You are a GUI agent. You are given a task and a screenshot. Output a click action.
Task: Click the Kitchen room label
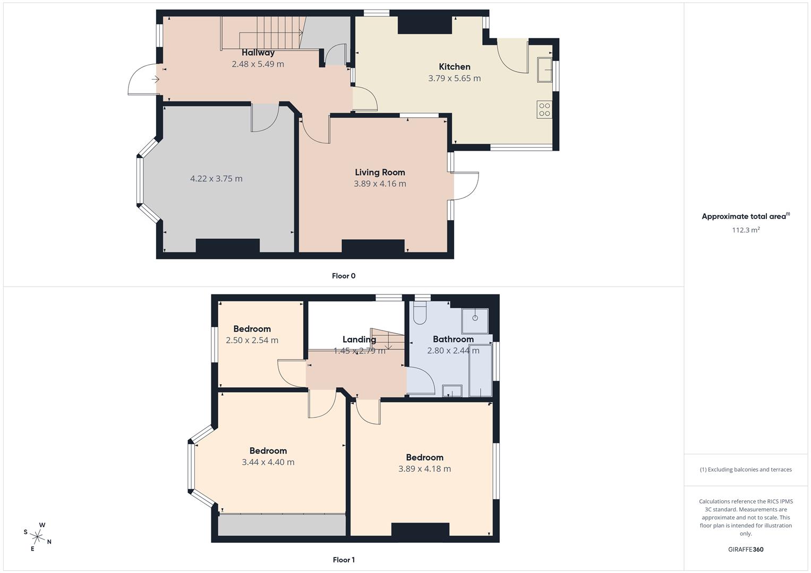point(455,67)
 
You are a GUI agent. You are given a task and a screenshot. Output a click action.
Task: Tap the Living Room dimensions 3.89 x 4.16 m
point(380,184)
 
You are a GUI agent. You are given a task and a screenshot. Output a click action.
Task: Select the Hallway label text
point(258,53)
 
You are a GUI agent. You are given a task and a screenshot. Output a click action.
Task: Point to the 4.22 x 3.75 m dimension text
point(216,179)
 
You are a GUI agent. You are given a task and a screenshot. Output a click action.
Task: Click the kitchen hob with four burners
point(544,109)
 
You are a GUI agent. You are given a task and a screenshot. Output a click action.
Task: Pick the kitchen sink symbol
point(544,70)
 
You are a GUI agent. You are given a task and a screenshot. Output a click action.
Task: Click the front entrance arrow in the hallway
point(155,80)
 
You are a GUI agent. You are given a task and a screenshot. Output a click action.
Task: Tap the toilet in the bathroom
point(420,314)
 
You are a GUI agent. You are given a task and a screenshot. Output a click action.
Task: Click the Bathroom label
point(453,340)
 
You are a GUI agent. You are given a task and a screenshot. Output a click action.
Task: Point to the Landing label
point(359,340)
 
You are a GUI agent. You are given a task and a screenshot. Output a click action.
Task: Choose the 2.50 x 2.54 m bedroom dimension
point(252,341)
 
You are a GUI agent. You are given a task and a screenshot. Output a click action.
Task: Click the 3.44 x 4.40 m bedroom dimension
point(268,462)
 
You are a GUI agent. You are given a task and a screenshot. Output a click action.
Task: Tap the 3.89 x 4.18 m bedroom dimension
point(424,469)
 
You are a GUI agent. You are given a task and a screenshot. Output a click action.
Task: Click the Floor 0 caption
point(344,276)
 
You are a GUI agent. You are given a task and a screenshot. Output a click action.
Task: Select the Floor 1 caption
point(344,560)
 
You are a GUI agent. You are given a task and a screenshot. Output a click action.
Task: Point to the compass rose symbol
point(38,536)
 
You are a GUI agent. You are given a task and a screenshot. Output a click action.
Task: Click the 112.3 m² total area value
point(746,230)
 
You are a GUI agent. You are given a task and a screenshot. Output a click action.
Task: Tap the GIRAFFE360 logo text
point(746,550)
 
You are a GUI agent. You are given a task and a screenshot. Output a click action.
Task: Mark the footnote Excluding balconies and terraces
point(746,470)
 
